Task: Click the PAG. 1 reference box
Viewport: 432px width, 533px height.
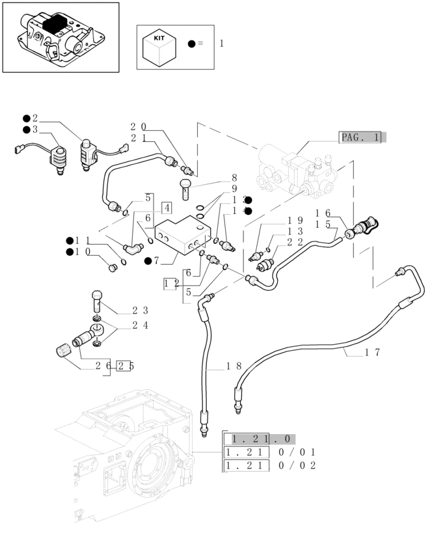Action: pos(362,137)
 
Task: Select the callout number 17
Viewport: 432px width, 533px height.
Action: pos(372,353)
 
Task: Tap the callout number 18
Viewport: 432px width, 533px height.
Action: pos(234,366)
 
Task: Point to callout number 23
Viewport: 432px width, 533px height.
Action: pos(141,310)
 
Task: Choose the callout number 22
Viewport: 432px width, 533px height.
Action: pos(295,242)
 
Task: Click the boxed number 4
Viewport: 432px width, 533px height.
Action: pos(167,208)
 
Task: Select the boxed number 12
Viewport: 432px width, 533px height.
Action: pos(171,283)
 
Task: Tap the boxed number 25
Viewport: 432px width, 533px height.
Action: pos(126,366)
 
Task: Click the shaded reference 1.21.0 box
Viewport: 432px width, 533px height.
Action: pos(259,439)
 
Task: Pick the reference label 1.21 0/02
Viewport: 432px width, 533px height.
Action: pos(269,465)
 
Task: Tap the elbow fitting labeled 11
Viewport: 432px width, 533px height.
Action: pos(133,247)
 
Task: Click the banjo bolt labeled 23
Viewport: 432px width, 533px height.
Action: pos(97,300)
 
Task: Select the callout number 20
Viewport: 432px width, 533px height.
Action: pos(138,127)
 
